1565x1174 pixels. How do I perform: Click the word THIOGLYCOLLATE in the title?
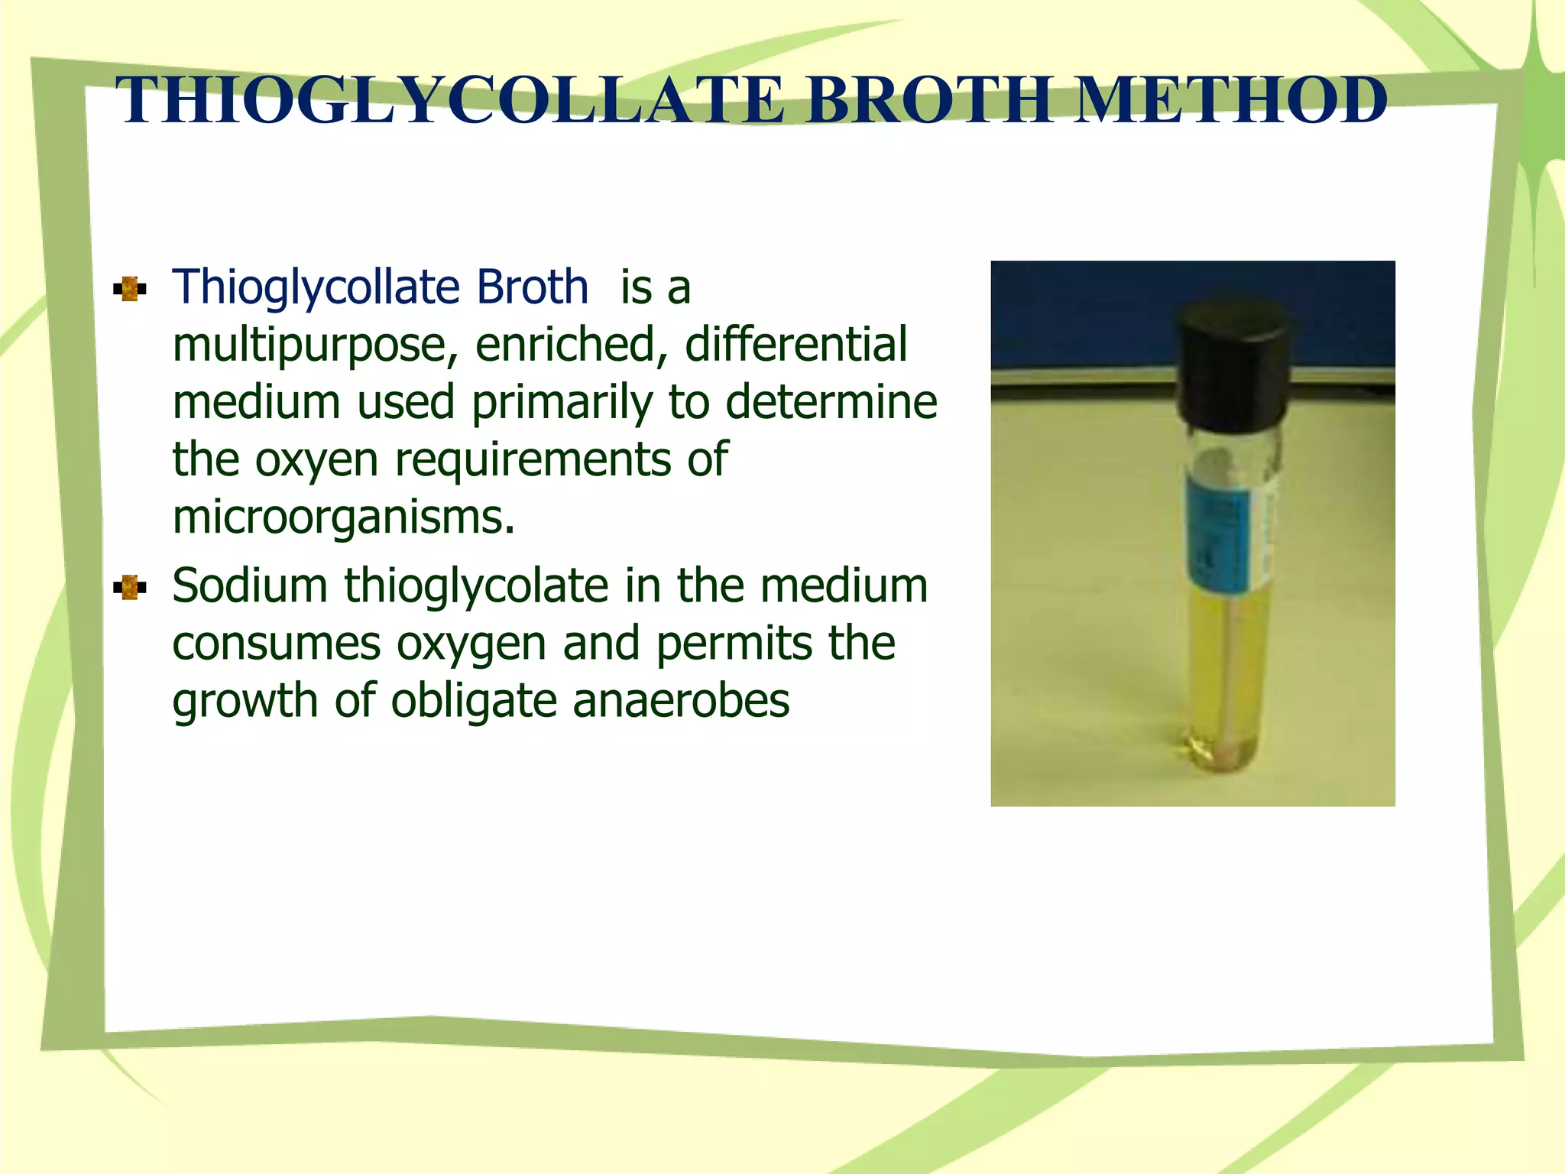(451, 101)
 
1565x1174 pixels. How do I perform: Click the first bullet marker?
(129, 290)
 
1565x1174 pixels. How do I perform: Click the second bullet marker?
(129, 588)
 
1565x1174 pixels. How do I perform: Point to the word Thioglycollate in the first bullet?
(316, 288)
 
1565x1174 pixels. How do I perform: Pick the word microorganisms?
(344, 517)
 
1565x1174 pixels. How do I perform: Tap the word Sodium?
(250, 586)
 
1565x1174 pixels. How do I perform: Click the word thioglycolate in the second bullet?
(475, 588)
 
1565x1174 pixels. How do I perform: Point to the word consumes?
(276, 644)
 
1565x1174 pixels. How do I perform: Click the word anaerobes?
(681, 701)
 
